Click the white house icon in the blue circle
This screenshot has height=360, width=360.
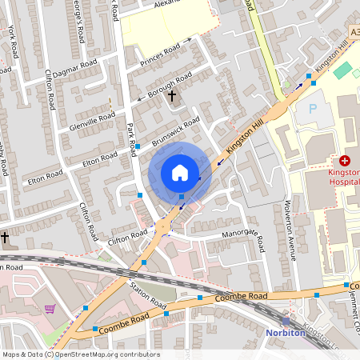[180, 173]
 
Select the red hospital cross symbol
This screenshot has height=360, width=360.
[345, 161]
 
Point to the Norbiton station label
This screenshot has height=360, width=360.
[286, 332]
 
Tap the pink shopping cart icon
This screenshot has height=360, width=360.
[50, 309]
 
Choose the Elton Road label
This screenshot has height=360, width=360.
[99, 162]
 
